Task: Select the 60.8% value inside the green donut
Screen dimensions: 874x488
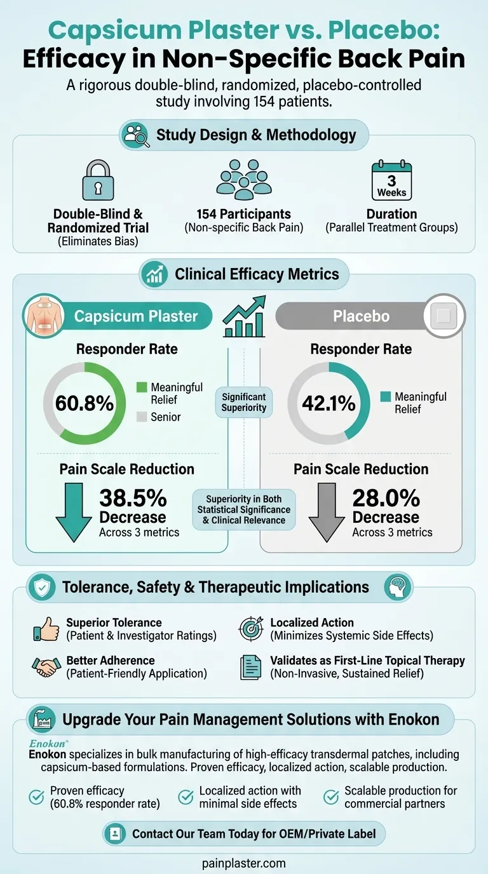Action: (x=85, y=403)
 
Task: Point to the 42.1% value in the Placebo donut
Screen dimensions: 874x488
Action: (x=329, y=403)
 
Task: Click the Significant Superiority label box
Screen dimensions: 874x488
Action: (x=244, y=402)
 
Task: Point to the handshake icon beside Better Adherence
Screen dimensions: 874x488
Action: (x=46, y=666)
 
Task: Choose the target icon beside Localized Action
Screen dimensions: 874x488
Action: (x=250, y=629)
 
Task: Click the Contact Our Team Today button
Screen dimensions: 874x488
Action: (x=244, y=833)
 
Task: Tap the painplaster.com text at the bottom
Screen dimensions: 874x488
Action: (x=244, y=863)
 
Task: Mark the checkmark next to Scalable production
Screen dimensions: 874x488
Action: (x=331, y=797)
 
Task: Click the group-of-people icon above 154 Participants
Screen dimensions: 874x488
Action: (x=244, y=179)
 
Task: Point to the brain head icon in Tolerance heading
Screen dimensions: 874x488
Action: (x=398, y=587)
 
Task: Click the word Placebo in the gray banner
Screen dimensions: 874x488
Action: (x=361, y=316)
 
